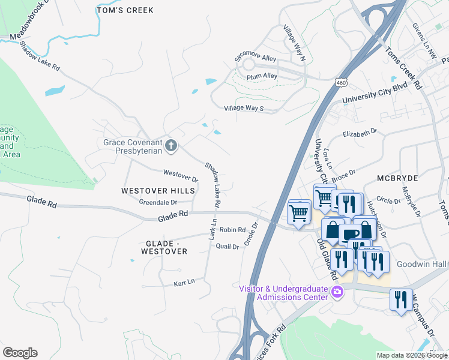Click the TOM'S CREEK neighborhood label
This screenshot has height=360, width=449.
pyautogui.click(x=125, y=10)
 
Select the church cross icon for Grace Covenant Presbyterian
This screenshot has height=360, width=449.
pyautogui.click(x=171, y=145)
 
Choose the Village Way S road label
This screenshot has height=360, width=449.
pyautogui.click(x=244, y=108)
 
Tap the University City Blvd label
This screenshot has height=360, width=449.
pyautogui.click(x=375, y=95)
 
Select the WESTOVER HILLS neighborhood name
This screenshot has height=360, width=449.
pyautogui.click(x=158, y=191)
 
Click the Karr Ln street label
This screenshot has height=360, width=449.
pyautogui.click(x=184, y=282)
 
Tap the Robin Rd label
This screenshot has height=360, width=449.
pyautogui.click(x=232, y=230)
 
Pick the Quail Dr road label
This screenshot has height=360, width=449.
pyautogui.click(x=227, y=246)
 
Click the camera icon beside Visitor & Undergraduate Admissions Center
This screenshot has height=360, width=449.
pyautogui.click(x=337, y=292)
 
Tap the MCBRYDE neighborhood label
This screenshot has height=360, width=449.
pyautogui.click(x=397, y=179)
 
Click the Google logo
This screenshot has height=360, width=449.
pyautogui.click(x=20, y=353)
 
